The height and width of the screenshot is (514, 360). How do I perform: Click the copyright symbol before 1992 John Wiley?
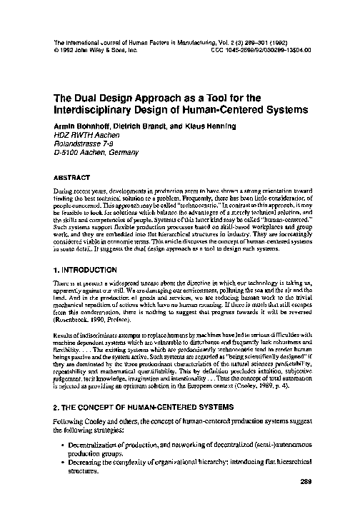[56, 51]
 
